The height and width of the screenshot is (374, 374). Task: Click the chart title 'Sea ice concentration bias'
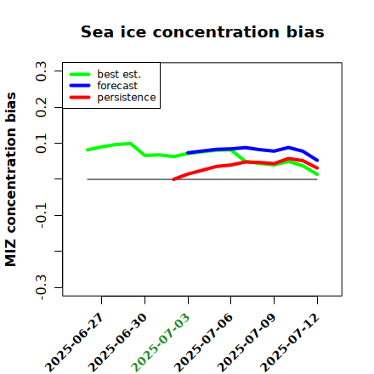point(202,31)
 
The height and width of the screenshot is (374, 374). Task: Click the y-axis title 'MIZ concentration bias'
point(10,179)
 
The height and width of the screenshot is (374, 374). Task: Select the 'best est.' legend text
point(119,74)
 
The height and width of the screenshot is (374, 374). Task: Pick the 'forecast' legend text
point(117,86)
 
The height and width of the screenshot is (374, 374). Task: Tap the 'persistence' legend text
point(127,98)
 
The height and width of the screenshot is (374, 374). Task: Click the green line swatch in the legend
point(80,74)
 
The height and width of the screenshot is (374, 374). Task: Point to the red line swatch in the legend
point(80,98)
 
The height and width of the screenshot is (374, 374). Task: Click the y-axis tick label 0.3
point(42,71)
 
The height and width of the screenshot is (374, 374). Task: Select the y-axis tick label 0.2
point(42,107)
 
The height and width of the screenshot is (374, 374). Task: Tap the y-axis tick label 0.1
point(42,144)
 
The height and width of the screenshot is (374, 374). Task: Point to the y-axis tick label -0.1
point(42,216)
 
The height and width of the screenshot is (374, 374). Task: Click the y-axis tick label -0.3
point(42,287)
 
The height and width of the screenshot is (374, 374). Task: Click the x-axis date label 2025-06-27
point(74,343)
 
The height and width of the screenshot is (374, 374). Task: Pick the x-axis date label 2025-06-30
point(117,343)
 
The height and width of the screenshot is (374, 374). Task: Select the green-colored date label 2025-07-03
point(161,343)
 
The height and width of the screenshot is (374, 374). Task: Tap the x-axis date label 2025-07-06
point(204,343)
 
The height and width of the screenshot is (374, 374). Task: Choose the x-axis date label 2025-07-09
point(246,343)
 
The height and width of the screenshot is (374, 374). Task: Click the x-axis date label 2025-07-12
point(290,343)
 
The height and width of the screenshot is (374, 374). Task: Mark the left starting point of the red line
point(173,179)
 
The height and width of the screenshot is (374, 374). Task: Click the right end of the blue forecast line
point(317,161)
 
